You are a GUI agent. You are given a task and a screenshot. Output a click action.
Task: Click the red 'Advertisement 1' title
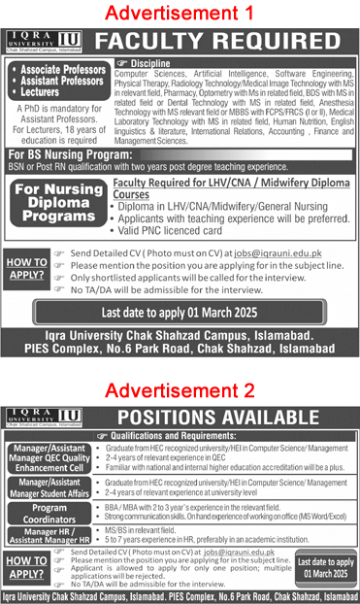point(180,14)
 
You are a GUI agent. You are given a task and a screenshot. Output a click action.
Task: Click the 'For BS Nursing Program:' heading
point(65,155)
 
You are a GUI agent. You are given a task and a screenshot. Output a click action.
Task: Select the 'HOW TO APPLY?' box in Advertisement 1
point(28,268)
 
